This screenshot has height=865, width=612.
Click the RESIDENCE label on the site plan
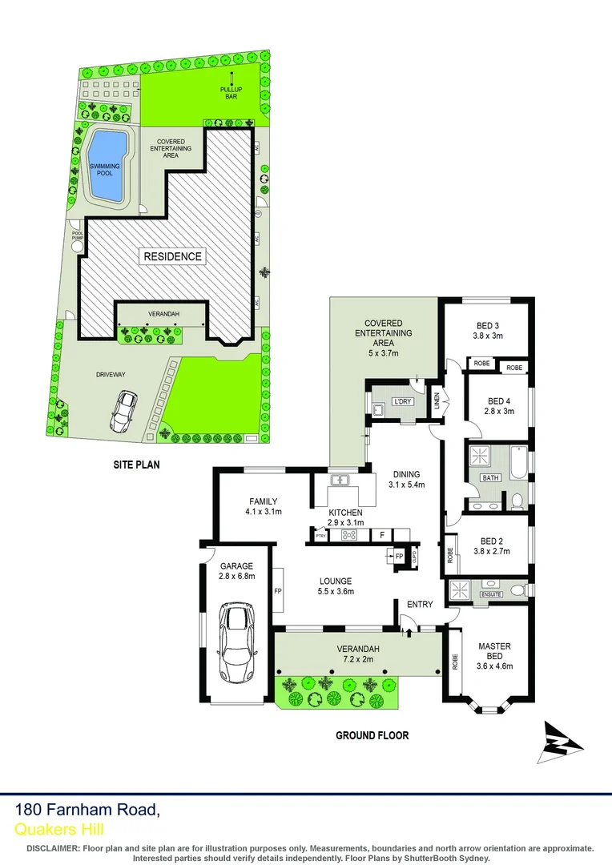(x=172, y=256)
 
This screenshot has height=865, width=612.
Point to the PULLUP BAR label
(x=232, y=92)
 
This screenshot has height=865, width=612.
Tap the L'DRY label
(x=401, y=401)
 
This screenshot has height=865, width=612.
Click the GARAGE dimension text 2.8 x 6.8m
(x=237, y=574)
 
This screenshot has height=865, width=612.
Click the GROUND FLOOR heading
(x=372, y=735)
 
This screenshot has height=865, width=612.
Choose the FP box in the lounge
(x=278, y=591)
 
